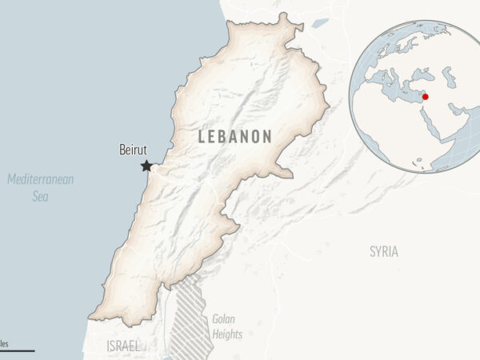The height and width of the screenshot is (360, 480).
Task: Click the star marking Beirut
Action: click(x=146, y=166)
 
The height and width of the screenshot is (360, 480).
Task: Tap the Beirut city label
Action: click(x=133, y=150)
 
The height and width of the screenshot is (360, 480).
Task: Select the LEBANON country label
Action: click(x=234, y=137)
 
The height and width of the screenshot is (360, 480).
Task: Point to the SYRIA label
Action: click(x=384, y=251)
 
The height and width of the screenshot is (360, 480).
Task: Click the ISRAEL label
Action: click(x=122, y=346)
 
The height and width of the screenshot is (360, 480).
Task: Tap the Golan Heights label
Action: click(x=227, y=326)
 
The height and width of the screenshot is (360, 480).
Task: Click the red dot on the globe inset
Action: click(x=425, y=97)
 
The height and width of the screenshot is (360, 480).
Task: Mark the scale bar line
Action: click(x=16, y=350)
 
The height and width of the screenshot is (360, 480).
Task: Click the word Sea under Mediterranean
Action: click(x=41, y=195)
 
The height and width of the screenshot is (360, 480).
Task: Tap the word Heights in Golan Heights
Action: click(x=228, y=334)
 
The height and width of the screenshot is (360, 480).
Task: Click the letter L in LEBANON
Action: click(x=202, y=137)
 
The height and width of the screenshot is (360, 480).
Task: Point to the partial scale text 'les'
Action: click(x=4, y=342)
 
